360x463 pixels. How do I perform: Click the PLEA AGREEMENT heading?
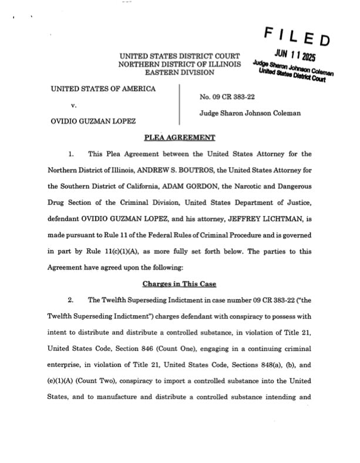click(180, 138)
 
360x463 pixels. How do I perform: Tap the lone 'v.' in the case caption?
click(74, 106)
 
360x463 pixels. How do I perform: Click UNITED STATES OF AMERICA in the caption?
click(103, 89)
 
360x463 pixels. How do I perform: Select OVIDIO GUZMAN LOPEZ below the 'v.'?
click(95, 121)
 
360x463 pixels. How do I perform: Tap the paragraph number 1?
click(70, 154)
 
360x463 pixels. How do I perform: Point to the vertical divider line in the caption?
click(180, 106)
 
